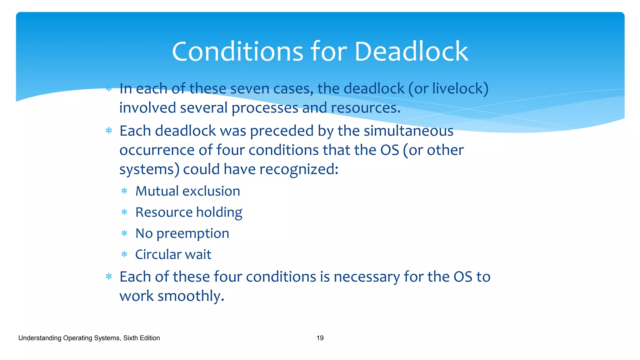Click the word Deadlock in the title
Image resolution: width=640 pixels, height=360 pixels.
coord(411,52)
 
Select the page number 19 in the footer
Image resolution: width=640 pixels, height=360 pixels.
coord(320,338)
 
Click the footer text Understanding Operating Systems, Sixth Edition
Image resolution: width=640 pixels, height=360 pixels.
coord(89,338)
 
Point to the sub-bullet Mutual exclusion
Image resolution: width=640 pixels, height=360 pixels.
coord(187,191)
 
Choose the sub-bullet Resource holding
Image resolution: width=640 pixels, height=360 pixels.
coord(189,212)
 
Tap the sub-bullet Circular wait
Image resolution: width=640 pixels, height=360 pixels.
coord(173,255)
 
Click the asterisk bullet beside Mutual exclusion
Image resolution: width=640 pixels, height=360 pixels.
coord(124,191)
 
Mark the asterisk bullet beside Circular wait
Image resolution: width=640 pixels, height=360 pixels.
coord(124,255)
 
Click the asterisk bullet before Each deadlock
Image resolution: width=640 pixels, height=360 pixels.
coord(109,131)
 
